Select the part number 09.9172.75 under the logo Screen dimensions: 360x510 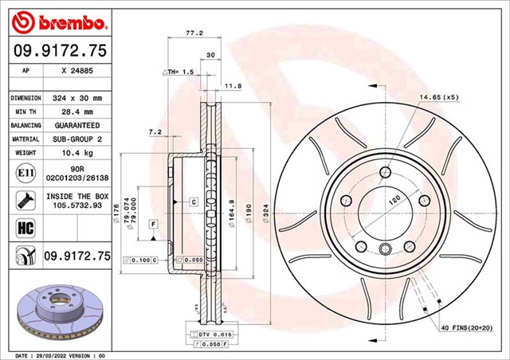pos(57,50)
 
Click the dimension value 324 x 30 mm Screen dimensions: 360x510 pos(77,97)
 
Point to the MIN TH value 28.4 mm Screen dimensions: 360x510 pos(77,112)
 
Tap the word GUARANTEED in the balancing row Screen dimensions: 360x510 pos(77,126)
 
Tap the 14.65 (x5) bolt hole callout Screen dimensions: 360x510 pos(436,97)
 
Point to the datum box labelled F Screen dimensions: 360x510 pos(151,225)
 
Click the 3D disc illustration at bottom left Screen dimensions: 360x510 pos(56,312)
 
